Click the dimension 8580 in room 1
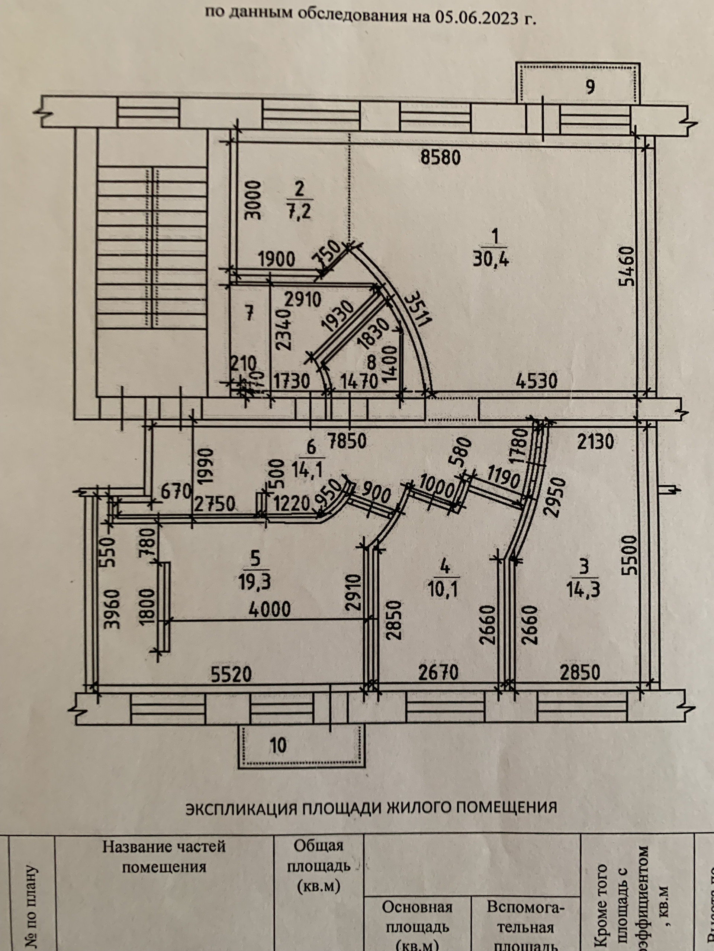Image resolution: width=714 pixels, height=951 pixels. click(440, 158)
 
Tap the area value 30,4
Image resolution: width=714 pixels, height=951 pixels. click(491, 260)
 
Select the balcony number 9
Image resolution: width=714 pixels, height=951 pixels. click(590, 87)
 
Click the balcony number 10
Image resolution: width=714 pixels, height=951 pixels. click(279, 745)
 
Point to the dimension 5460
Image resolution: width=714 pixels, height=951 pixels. click(628, 266)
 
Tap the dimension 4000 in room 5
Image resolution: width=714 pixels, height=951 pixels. click(269, 610)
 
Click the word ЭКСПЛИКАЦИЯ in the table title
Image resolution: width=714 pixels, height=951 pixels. click(241, 808)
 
